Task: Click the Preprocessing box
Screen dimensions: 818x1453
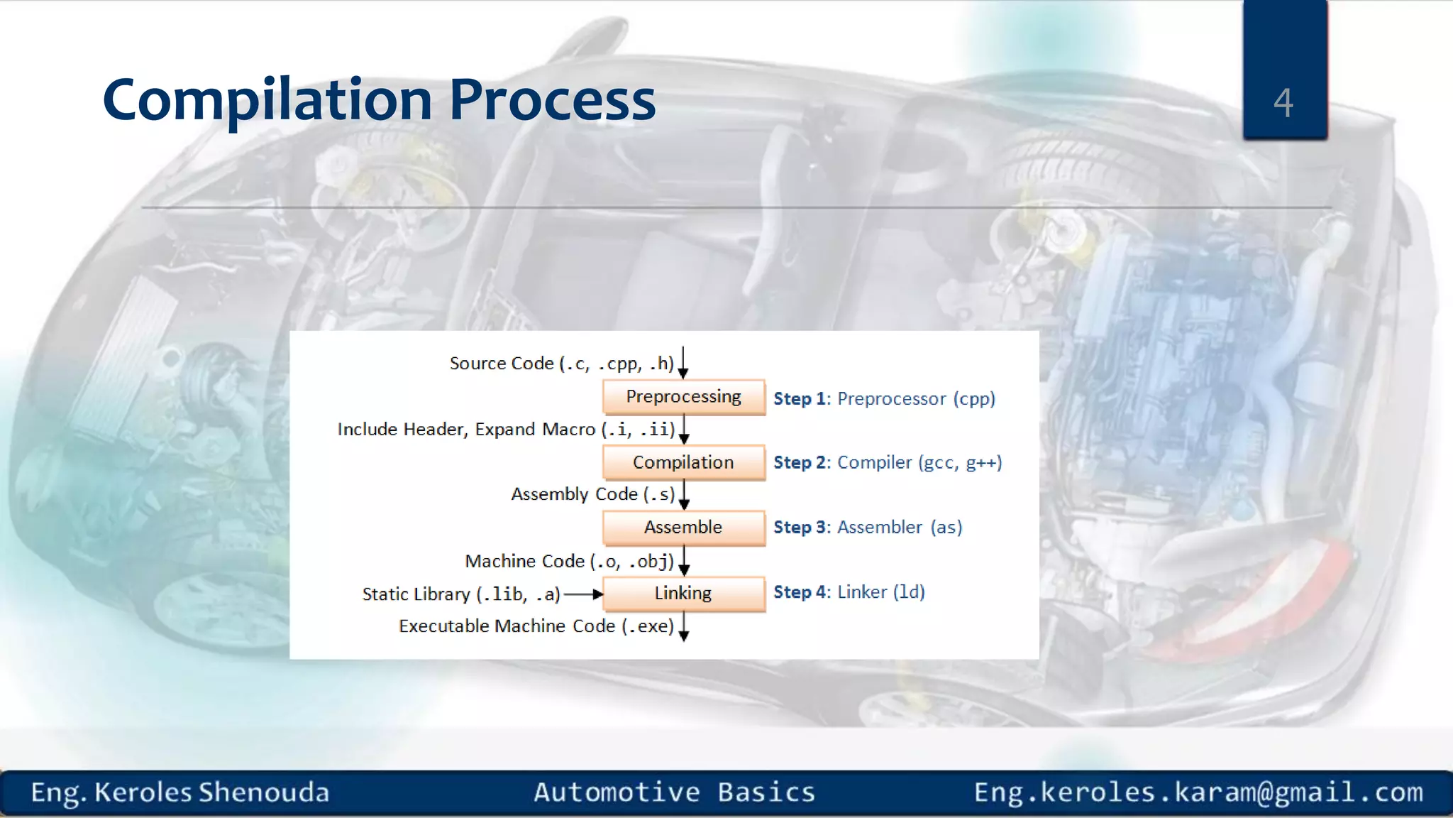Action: pos(683,397)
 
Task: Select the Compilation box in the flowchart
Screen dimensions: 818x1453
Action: pos(683,462)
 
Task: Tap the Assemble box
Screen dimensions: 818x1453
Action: pos(683,528)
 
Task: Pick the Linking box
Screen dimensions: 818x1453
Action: pos(683,594)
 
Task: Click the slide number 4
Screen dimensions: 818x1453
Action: pos(1283,102)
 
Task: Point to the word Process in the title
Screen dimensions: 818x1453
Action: pos(552,100)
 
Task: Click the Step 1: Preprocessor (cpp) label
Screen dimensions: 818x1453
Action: pos(884,398)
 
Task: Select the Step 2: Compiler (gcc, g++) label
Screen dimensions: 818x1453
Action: pos(887,462)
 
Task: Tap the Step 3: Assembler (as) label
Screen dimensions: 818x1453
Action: pos(867,528)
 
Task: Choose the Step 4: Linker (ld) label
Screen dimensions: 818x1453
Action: pos(849,592)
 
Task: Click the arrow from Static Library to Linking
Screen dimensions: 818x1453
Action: pos(583,594)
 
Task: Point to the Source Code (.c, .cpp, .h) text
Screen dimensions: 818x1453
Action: pos(561,364)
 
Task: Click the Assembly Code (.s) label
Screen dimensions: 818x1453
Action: pos(592,494)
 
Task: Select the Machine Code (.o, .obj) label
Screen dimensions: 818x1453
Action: pos(569,561)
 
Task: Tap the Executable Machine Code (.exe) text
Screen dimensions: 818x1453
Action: pos(536,626)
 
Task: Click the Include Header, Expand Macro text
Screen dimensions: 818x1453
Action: pos(466,430)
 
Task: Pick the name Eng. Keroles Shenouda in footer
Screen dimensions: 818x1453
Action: pos(180,792)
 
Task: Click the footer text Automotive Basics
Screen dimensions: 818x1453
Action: pos(674,792)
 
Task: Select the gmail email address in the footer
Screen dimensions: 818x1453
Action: pos(1198,792)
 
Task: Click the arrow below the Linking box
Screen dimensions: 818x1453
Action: pos(684,627)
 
